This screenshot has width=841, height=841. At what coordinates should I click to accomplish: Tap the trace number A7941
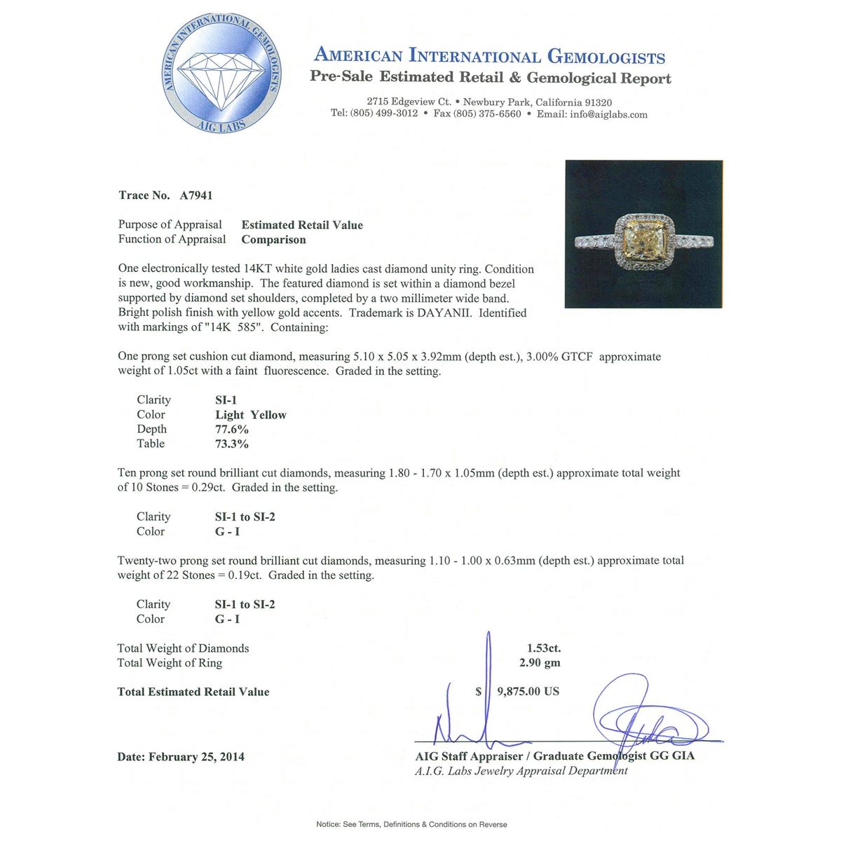196,196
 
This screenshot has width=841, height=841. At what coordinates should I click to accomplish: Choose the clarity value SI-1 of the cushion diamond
226,400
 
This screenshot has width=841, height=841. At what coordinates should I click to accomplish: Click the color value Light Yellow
251,415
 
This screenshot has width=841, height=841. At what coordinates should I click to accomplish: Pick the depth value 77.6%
232,430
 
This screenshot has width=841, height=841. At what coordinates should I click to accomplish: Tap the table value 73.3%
232,444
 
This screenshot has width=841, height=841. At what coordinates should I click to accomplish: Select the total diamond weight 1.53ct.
544,648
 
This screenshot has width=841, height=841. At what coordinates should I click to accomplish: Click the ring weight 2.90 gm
540,663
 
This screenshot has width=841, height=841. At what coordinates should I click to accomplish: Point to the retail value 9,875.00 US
528,692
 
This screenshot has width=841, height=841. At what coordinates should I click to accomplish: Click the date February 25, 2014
196,757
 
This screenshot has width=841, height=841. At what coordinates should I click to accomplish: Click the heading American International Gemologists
489,56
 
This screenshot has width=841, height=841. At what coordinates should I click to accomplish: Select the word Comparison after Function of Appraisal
274,240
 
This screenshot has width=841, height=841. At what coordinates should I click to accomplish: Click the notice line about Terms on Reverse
411,824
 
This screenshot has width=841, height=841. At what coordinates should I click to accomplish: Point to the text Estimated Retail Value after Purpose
302,225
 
